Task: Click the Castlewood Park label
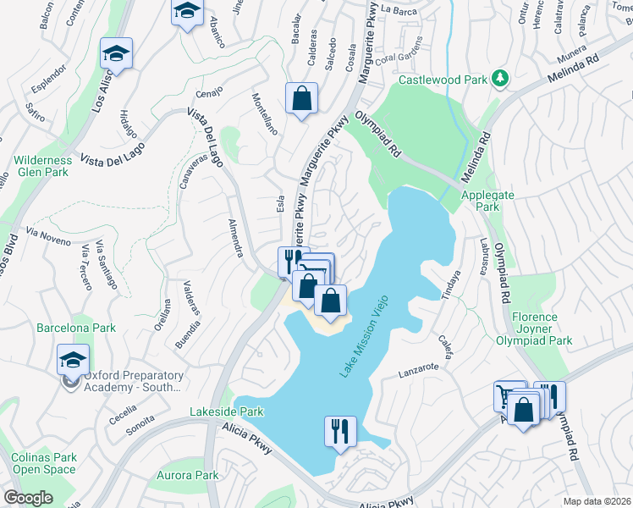pos(442,80)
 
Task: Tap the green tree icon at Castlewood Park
pos(501,79)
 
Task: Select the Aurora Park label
pos(187,476)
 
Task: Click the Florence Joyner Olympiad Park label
pos(542,329)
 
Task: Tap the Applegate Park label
pos(482,200)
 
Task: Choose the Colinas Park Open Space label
pos(44,464)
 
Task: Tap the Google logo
pos(28,498)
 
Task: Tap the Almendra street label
pos(235,237)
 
